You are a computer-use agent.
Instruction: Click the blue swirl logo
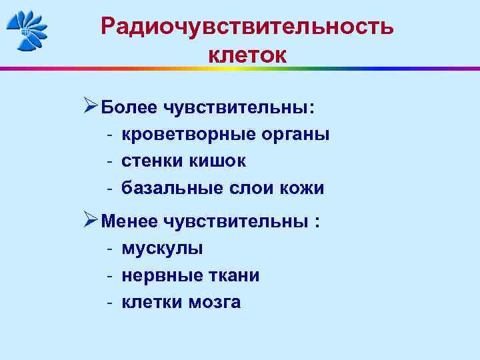[27, 31]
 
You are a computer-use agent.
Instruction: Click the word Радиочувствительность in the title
[247, 27]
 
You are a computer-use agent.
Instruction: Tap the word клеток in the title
[247, 55]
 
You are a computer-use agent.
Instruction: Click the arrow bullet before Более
[91, 106]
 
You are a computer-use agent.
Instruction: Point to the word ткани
[233, 275]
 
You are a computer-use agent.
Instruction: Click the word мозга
[214, 303]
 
